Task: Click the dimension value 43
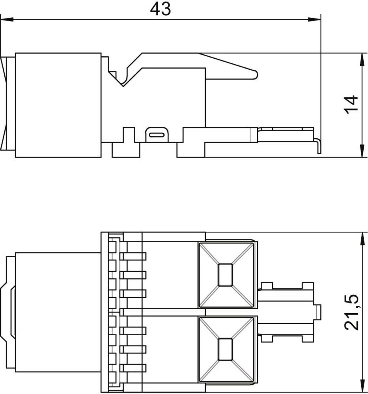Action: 160,9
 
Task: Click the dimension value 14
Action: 351,104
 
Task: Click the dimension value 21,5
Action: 351,312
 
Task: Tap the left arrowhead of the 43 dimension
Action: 7,19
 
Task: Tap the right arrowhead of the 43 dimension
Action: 314,19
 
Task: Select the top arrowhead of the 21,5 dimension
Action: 362,239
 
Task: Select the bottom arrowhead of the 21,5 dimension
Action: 362,386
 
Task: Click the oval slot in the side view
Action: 157,135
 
